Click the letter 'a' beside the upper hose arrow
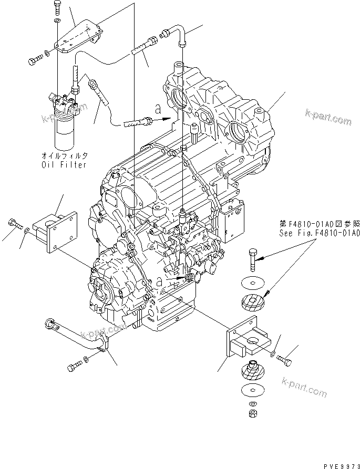158,109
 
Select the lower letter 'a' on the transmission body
159,283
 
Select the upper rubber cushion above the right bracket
253,304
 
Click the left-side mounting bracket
54,229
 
